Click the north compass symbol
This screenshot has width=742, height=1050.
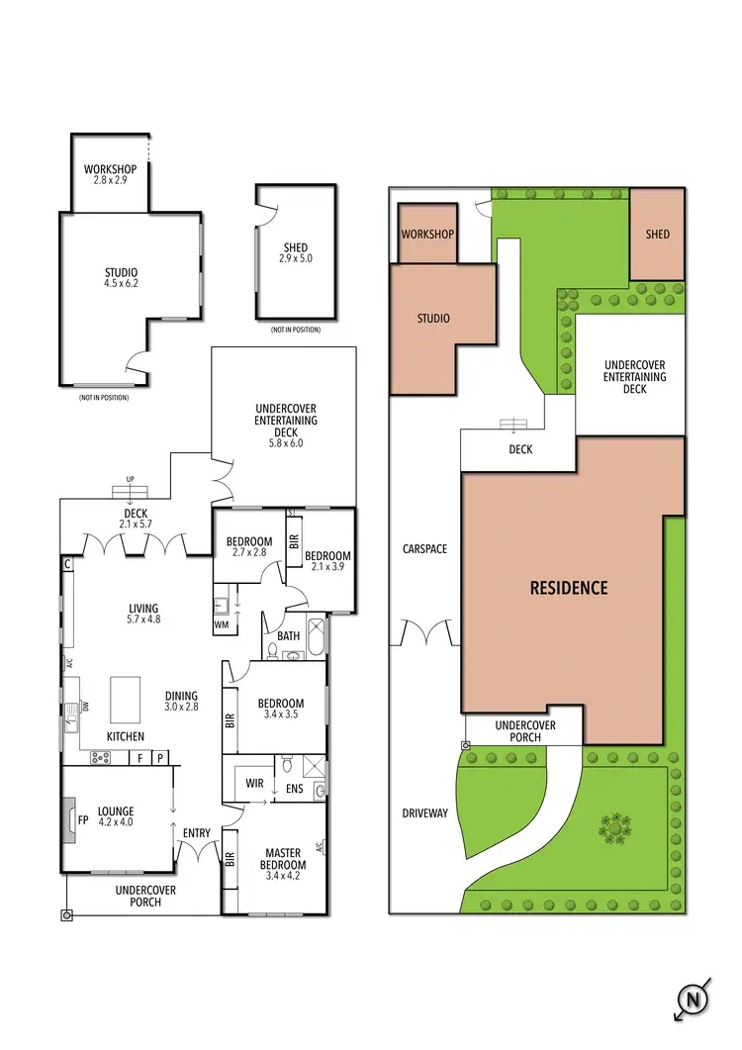(x=695, y=1001)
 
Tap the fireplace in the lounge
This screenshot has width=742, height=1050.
(x=69, y=820)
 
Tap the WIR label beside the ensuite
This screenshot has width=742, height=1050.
(x=254, y=784)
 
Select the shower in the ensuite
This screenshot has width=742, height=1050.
(x=313, y=766)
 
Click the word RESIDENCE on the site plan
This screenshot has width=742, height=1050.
(x=569, y=588)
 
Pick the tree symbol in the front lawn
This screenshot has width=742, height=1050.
(x=615, y=825)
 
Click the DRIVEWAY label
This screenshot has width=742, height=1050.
(x=425, y=813)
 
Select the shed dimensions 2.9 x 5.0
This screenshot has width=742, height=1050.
(x=295, y=259)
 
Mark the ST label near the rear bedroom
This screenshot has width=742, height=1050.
(x=292, y=513)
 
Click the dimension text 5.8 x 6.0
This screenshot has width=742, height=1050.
(x=286, y=443)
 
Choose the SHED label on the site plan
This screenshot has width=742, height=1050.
(x=657, y=235)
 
